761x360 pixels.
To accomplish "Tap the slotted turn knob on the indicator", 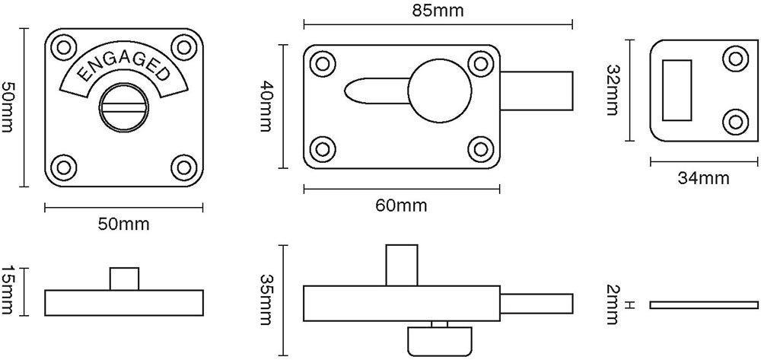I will coord(124,111).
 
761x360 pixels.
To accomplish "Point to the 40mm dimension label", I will coord(264,107).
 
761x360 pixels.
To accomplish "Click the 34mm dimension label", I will coord(703,179).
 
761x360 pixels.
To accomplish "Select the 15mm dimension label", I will coord(8,291).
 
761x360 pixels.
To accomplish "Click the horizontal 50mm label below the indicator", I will coord(124,224).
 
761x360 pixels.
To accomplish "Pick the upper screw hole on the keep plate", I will coord(735,58).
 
